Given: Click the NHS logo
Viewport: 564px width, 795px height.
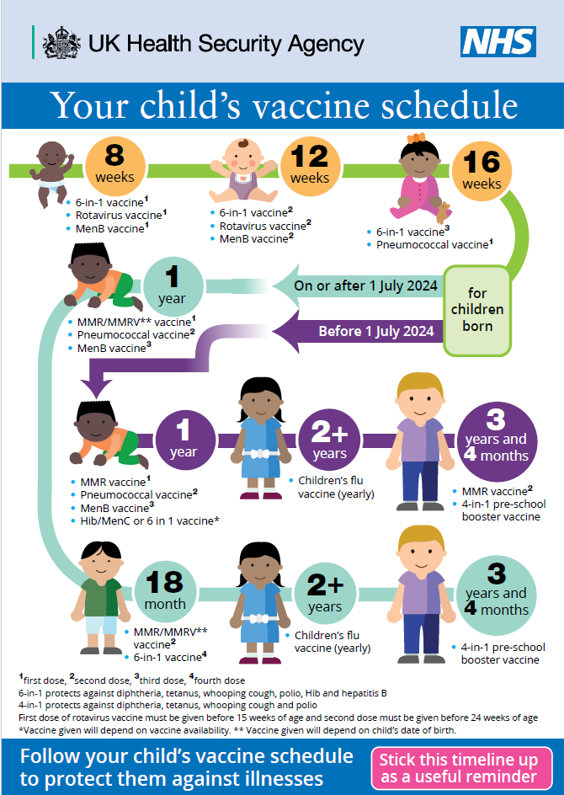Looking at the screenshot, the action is tap(498, 42).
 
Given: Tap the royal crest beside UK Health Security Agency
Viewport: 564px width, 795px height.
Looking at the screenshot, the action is tap(61, 43).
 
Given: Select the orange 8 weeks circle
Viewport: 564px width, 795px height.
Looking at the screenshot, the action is tap(115, 166).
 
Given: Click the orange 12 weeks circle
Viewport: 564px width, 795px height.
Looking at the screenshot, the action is tap(310, 166).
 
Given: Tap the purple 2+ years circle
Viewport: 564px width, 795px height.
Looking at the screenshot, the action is tap(329, 440).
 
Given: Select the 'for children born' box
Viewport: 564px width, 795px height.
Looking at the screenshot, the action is tap(477, 310).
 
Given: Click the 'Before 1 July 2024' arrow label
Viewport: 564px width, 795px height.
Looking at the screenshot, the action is tap(376, 331).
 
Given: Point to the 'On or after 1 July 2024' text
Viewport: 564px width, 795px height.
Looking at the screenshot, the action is tap(365, 286).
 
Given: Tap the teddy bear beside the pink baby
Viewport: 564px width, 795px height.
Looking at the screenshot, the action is tap(444, 212).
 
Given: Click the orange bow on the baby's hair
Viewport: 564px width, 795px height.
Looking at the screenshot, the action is tap(416, 138).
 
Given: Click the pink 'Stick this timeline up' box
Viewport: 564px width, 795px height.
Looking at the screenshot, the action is tap(461, 768).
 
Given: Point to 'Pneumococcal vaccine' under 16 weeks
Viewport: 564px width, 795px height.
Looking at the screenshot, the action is tap(434, 244).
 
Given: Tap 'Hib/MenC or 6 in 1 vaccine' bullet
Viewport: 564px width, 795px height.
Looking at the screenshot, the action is tap(150, 520).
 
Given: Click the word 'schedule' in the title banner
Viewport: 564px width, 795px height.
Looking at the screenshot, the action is tap(450, 105).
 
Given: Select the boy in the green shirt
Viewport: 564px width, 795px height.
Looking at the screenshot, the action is tap(101, 598).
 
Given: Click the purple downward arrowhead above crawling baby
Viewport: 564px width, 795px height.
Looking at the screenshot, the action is tap(96, 389).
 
